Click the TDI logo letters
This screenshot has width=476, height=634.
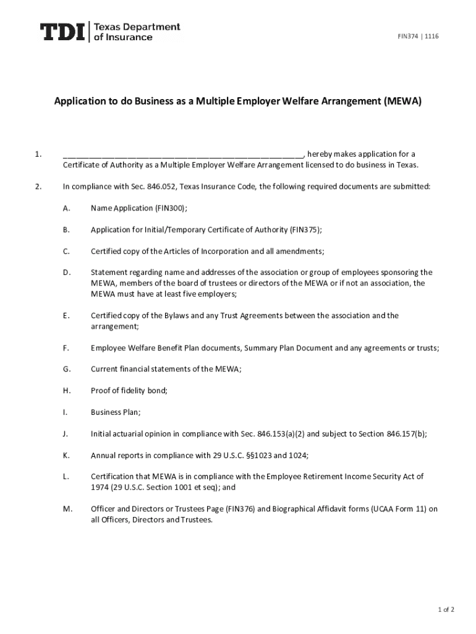click(63, 32)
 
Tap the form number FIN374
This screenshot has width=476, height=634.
click(407, 37)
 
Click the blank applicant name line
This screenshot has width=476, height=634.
click(182, 155)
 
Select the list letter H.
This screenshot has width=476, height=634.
click(66, 390)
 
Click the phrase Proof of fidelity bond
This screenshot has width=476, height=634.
click(129, 390)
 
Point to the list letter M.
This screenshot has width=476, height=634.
click(67, 509)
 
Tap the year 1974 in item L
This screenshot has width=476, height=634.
click(100, 487)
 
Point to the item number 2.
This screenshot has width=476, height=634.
click(38, 186)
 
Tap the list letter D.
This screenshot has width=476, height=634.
click(66, 272)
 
